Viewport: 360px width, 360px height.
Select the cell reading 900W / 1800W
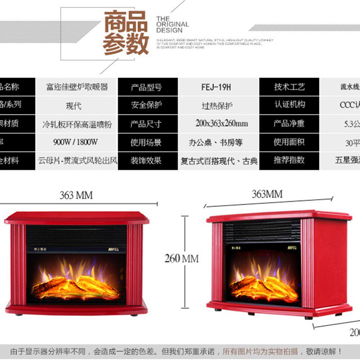coord(76,142)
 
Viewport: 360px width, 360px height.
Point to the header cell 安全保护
coord(146,105)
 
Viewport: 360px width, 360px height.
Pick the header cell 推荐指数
coord(289,160)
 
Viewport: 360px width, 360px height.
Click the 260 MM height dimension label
coord(181,259)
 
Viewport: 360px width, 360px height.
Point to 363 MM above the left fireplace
coord(76,195)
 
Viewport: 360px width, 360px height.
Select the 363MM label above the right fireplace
coord(267,194)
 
